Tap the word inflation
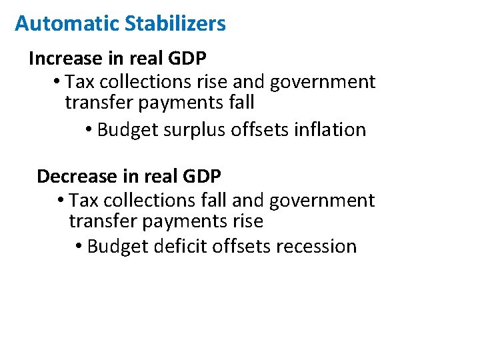click(x=329, y=129)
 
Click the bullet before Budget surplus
click(x=89, y=129)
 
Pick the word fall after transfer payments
click(x=241, y=103)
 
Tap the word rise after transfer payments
click(x=248, y=221)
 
